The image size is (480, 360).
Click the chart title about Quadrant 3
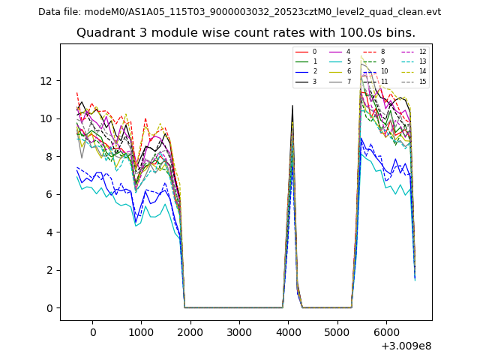tap(245, 33)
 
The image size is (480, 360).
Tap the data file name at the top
tap(239, 12)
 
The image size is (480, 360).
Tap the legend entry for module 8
tap(382, 52)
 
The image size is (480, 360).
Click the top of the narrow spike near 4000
tap(292, 106)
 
